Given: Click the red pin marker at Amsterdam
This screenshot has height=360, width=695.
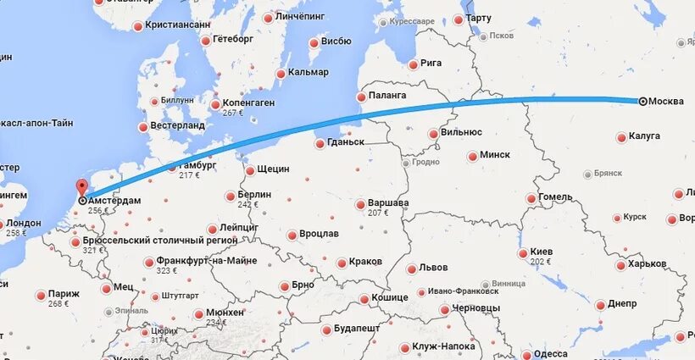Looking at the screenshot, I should pyautogui.click(x=82, y=189).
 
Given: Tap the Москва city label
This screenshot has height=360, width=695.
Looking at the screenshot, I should pyautogui.click(x=666, y=102).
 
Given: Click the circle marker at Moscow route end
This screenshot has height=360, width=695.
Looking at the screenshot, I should pyautogui.click(x=642, y=102).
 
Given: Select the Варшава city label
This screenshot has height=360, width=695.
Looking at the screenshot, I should pyautogui.click(x=389, y=203).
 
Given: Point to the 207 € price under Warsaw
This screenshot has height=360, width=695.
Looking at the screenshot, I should pyautogui.click(x=378, y=213).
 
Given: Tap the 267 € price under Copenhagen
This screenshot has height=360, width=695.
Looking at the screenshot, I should pyautogui.click(x=233, y=113).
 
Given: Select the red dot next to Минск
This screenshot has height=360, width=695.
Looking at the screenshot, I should pyautogui.click(x=472, y=156).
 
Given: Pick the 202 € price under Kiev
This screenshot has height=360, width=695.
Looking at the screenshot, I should pyautogui.click(x=540, y=263).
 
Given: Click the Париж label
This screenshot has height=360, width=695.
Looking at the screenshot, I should pyautogui.click(x=64, y=294).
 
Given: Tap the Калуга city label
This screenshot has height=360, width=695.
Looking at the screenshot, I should pyautogui.click(x=644, y=136).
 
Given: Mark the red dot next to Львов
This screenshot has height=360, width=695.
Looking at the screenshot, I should pyautogui.click(x=412, y=269).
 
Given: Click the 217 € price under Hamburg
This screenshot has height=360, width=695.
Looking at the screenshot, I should pyautogui.click(x=190, y=175).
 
